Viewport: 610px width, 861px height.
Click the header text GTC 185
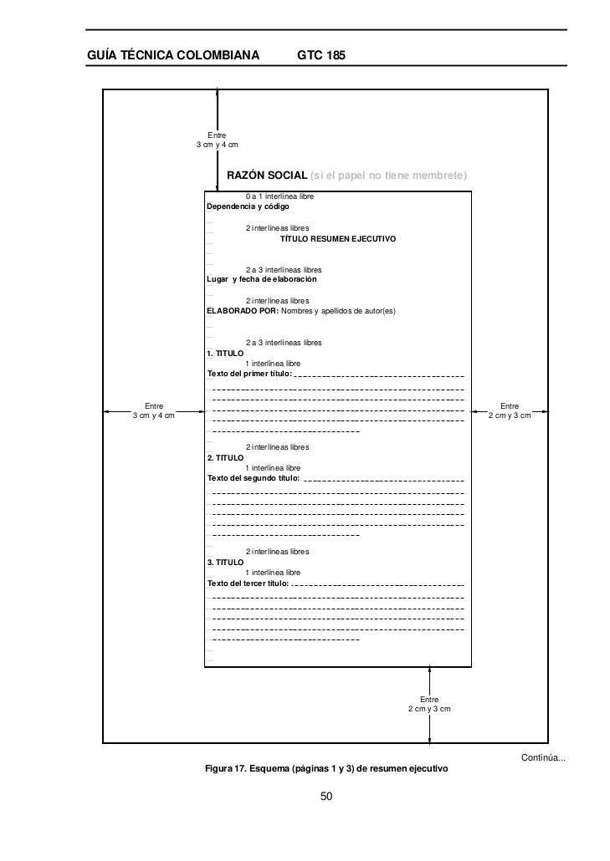tap(321, 55)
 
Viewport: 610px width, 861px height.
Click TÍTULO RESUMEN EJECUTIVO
tap(338, 239)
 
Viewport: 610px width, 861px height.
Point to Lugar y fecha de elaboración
tap(262, 279)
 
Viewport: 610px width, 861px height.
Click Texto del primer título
tap(249, 374)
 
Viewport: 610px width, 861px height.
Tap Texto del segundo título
tap(254, 478)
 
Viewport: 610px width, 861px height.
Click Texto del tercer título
tap(249, 583)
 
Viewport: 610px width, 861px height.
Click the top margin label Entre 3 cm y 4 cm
tap(217, 140)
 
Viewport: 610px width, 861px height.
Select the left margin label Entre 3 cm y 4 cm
tap(154, 411)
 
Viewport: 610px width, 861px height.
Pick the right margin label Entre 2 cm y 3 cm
tap(510, 411)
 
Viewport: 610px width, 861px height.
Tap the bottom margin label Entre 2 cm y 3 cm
tap(429, 704)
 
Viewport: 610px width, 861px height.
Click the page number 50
tap(327, 797)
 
